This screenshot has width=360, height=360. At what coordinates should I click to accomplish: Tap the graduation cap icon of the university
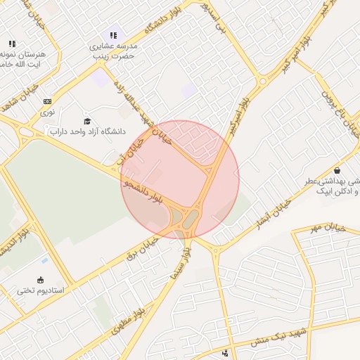[x=87, y=121]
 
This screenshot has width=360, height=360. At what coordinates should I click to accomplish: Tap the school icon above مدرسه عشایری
[x=113, y=35]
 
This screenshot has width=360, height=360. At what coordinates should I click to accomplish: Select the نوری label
[x=47, y=111]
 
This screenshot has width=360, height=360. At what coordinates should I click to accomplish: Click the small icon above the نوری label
[x=47, y=101]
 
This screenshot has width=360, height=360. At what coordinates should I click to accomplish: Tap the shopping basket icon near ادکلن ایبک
[x=337, y=170]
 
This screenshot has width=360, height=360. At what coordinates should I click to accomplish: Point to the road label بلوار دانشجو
[x=143, y=191]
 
